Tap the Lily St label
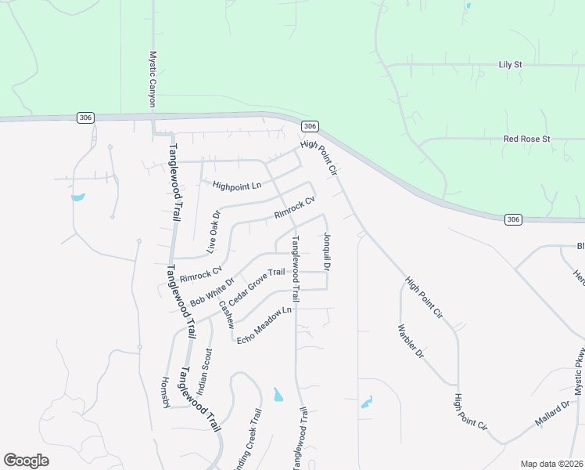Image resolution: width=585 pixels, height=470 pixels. [x=510, y=64]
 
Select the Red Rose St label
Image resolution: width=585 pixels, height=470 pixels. [x=527, y=139]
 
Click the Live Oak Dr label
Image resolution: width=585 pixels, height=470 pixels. [x=214, y=231]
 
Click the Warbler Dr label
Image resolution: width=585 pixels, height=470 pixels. [x=410, y=342]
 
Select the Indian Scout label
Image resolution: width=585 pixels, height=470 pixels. [x=203, y=371]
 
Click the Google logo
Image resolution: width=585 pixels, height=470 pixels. [x=26, y=461]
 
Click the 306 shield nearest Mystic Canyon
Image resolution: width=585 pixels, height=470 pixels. [x=86, y=117]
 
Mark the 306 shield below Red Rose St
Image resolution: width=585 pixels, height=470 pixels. [x=512, y=219]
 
